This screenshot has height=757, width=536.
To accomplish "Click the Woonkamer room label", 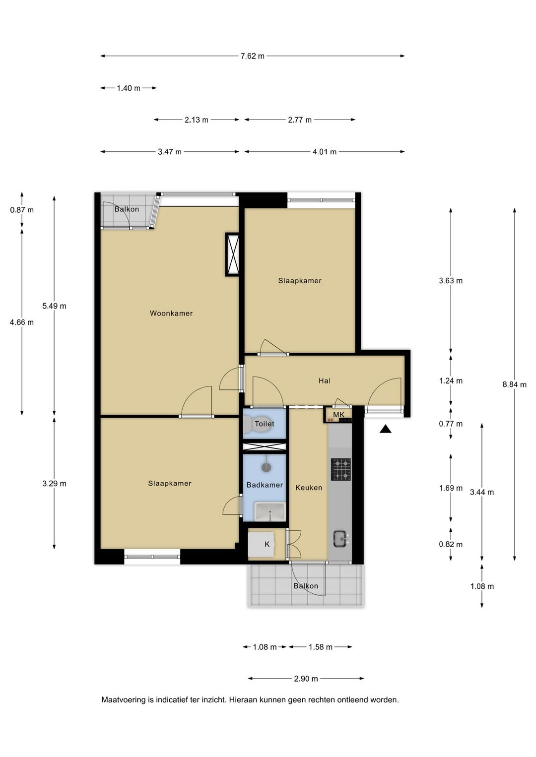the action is (171, 314).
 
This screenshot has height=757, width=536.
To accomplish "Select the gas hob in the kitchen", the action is (341, 469).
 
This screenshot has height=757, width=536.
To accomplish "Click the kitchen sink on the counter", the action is (340, 538).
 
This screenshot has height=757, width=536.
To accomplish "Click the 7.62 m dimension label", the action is (253, 56).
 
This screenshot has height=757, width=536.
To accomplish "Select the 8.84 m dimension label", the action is (514, 384).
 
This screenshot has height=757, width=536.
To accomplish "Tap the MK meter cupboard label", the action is (338, 415).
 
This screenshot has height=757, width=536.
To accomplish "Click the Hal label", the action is (324, 381).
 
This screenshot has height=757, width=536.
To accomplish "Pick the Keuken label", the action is (309, 488).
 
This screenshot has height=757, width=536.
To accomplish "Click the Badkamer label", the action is (265, 485).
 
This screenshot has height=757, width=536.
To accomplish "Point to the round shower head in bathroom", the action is (267, 467).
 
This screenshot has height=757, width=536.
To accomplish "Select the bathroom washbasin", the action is (270, 511).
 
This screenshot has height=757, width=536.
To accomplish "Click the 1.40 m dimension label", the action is (129, 88).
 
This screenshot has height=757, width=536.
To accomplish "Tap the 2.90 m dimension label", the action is (306, 679).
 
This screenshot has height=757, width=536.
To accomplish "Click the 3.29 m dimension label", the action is (55, 484).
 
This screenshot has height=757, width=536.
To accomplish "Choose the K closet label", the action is (267, 544).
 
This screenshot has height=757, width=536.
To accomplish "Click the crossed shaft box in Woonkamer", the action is (232, 254).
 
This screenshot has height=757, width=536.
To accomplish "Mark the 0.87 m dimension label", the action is (22, 210).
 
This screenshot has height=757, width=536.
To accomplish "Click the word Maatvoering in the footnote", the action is (124, 699).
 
